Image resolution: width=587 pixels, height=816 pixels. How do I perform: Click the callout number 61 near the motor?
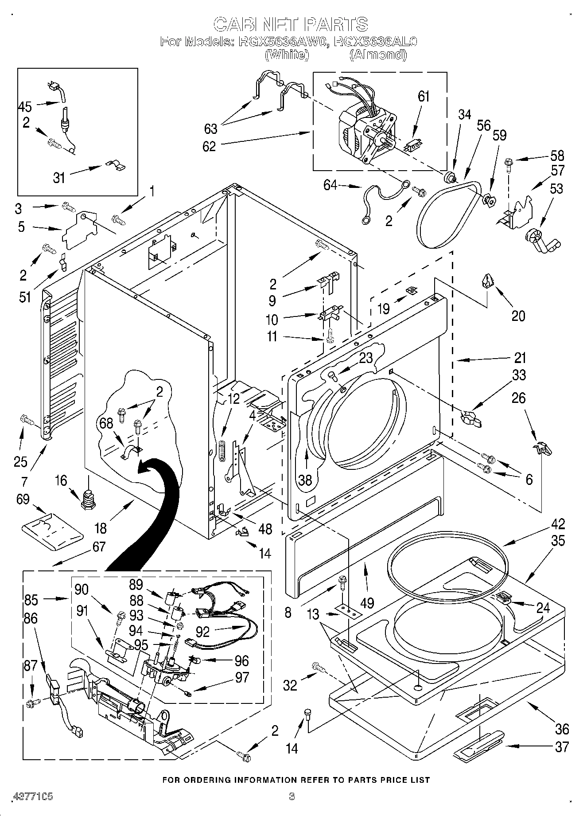(x=424, y=96)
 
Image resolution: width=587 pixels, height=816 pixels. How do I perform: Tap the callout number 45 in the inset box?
(x=25, y=106)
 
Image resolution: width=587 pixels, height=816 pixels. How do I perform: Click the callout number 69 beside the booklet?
(x=23, y=499)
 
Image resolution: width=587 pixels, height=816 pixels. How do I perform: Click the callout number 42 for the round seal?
(x=558, y=524)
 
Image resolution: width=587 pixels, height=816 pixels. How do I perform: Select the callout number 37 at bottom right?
(x=562, y=746)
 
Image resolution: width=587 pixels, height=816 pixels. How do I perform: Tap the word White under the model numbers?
(x=286, y=55)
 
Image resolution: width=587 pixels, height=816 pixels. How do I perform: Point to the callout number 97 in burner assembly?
(x=242, y=677)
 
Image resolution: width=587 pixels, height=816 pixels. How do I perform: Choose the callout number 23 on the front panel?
(x=366, y=358)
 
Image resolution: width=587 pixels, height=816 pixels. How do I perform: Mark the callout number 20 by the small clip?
(x=518, y=316)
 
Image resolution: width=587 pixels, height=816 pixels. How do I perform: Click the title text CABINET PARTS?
(x=291, y=24)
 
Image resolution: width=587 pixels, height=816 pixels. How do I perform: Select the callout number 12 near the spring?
(x=233, y=399)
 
